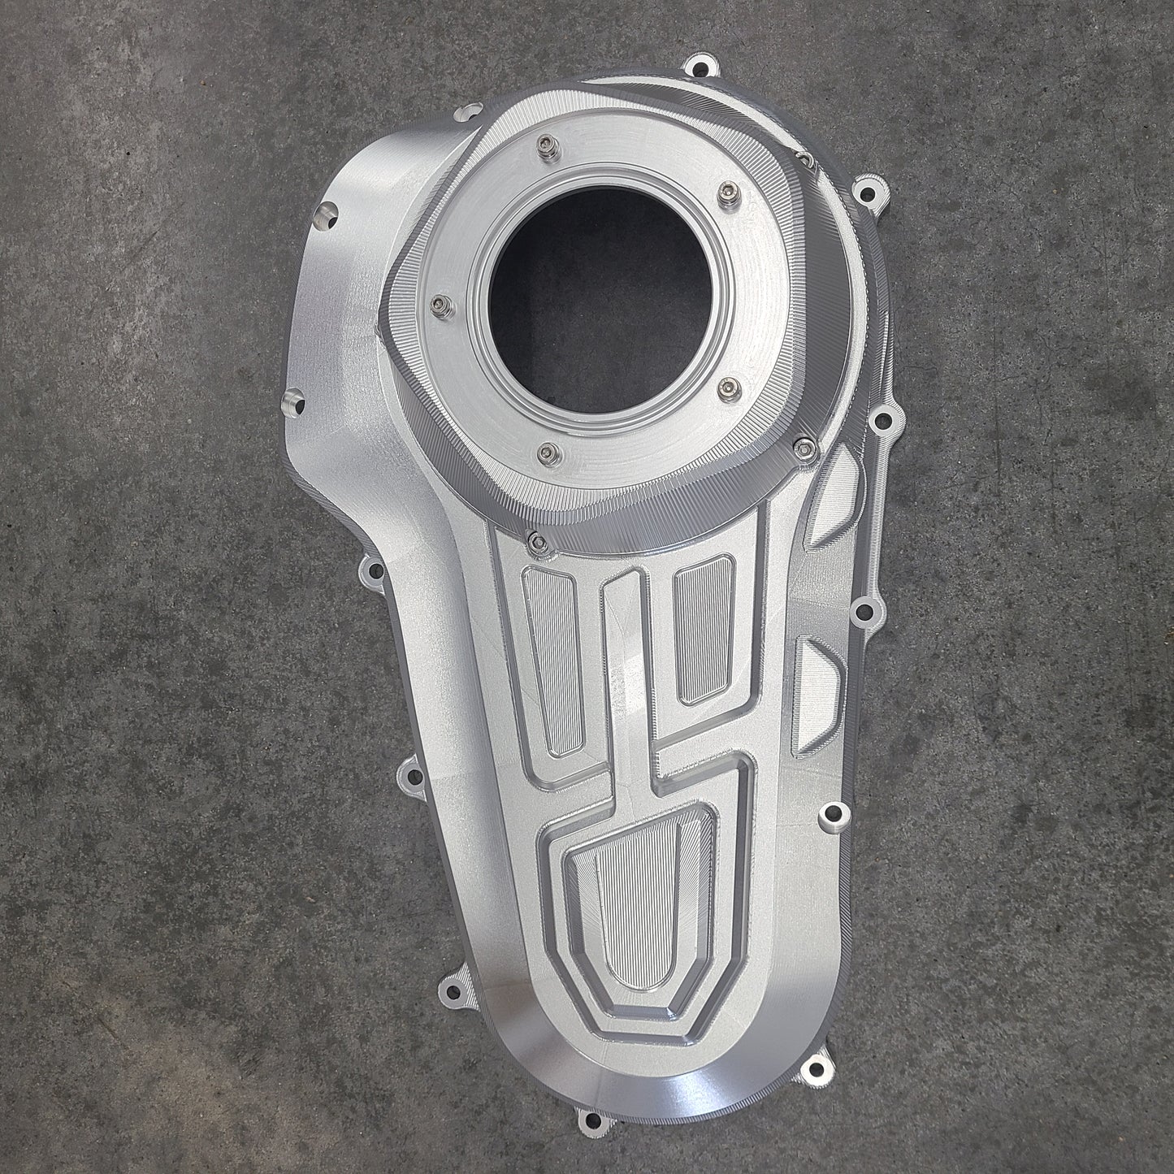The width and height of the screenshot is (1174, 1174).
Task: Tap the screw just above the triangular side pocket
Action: coord(804,444)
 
